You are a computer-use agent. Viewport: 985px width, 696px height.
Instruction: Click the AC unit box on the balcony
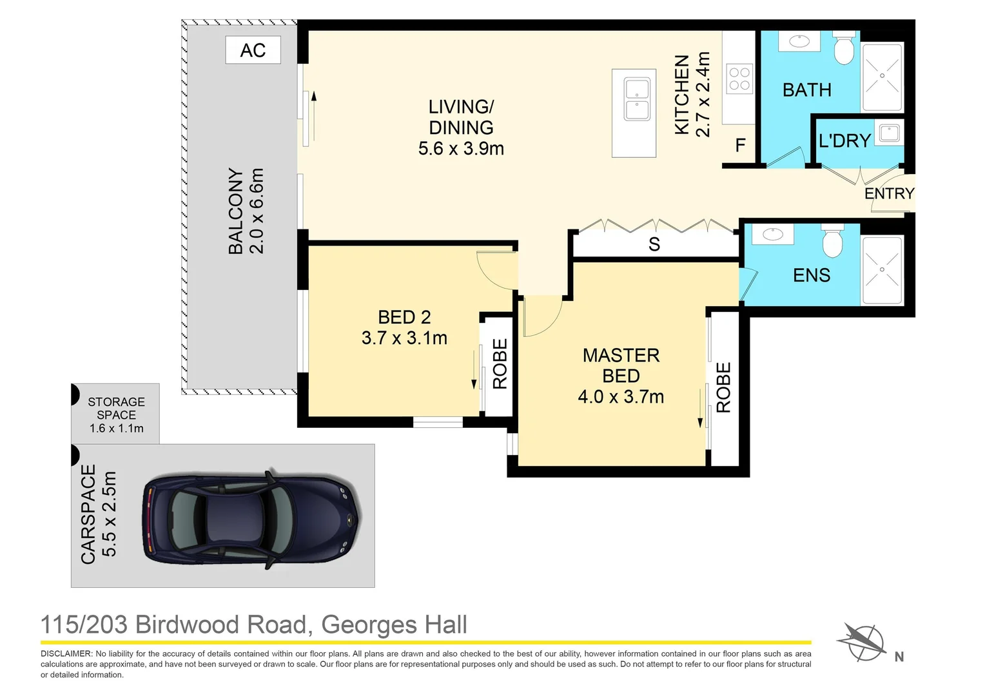[253, 50]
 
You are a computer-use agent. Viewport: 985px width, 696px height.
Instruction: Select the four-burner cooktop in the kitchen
[739, 79]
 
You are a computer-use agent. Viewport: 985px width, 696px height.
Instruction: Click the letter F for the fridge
[741, 145]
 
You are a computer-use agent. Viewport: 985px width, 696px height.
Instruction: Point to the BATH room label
[806, 90]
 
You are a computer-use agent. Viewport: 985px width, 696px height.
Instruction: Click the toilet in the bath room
[843, 48]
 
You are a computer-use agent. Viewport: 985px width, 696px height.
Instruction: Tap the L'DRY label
[844, 140]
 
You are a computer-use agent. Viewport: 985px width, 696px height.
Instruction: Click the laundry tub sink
[890, 133]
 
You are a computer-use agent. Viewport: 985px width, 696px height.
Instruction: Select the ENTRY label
[889, 193]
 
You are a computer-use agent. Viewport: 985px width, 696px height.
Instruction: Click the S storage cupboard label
[654, 244]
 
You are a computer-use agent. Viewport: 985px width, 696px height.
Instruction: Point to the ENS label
[812, 275]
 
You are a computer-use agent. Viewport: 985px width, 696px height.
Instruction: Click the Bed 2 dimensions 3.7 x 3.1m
[404, 338]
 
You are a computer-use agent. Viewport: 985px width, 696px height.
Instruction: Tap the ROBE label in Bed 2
[500, 364]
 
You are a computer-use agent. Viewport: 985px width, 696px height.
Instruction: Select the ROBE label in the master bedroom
[723, 387]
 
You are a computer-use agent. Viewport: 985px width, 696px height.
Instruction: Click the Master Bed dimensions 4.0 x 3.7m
[621, 396]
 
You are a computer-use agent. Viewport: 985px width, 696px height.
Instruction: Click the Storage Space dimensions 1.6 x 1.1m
[117, 429]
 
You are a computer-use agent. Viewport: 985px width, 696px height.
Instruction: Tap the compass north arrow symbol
[861, 641]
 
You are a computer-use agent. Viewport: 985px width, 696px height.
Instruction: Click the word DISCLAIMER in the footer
[66, 653]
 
